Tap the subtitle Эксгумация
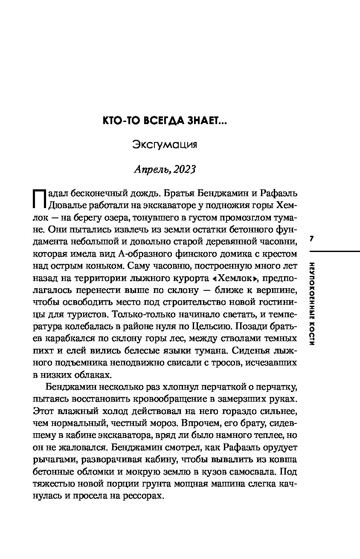tap(165, 145)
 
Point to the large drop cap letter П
tap(39, 198)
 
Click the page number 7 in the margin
tap(311, 239)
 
